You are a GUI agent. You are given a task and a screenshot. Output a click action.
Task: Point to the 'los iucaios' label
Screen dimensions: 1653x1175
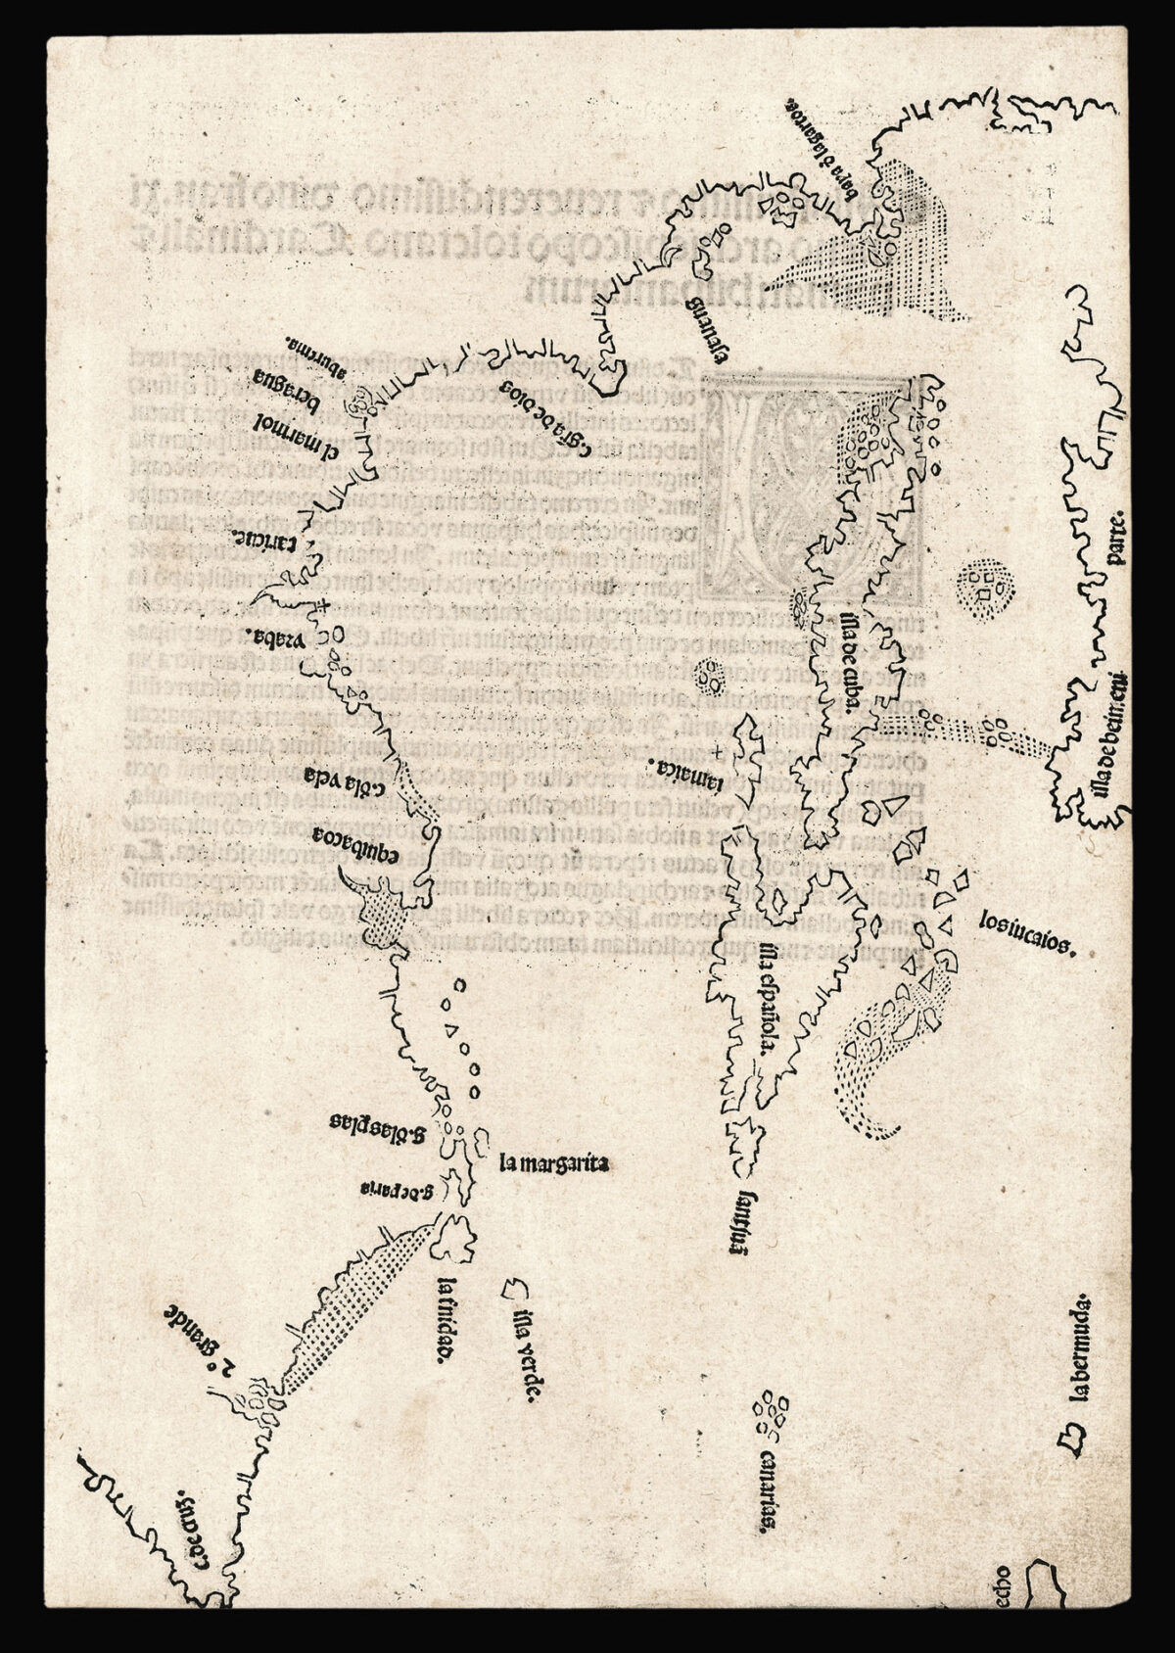tap(1028, 934)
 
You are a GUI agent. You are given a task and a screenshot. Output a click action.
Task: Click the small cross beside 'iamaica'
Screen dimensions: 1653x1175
tap(721, 752)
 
